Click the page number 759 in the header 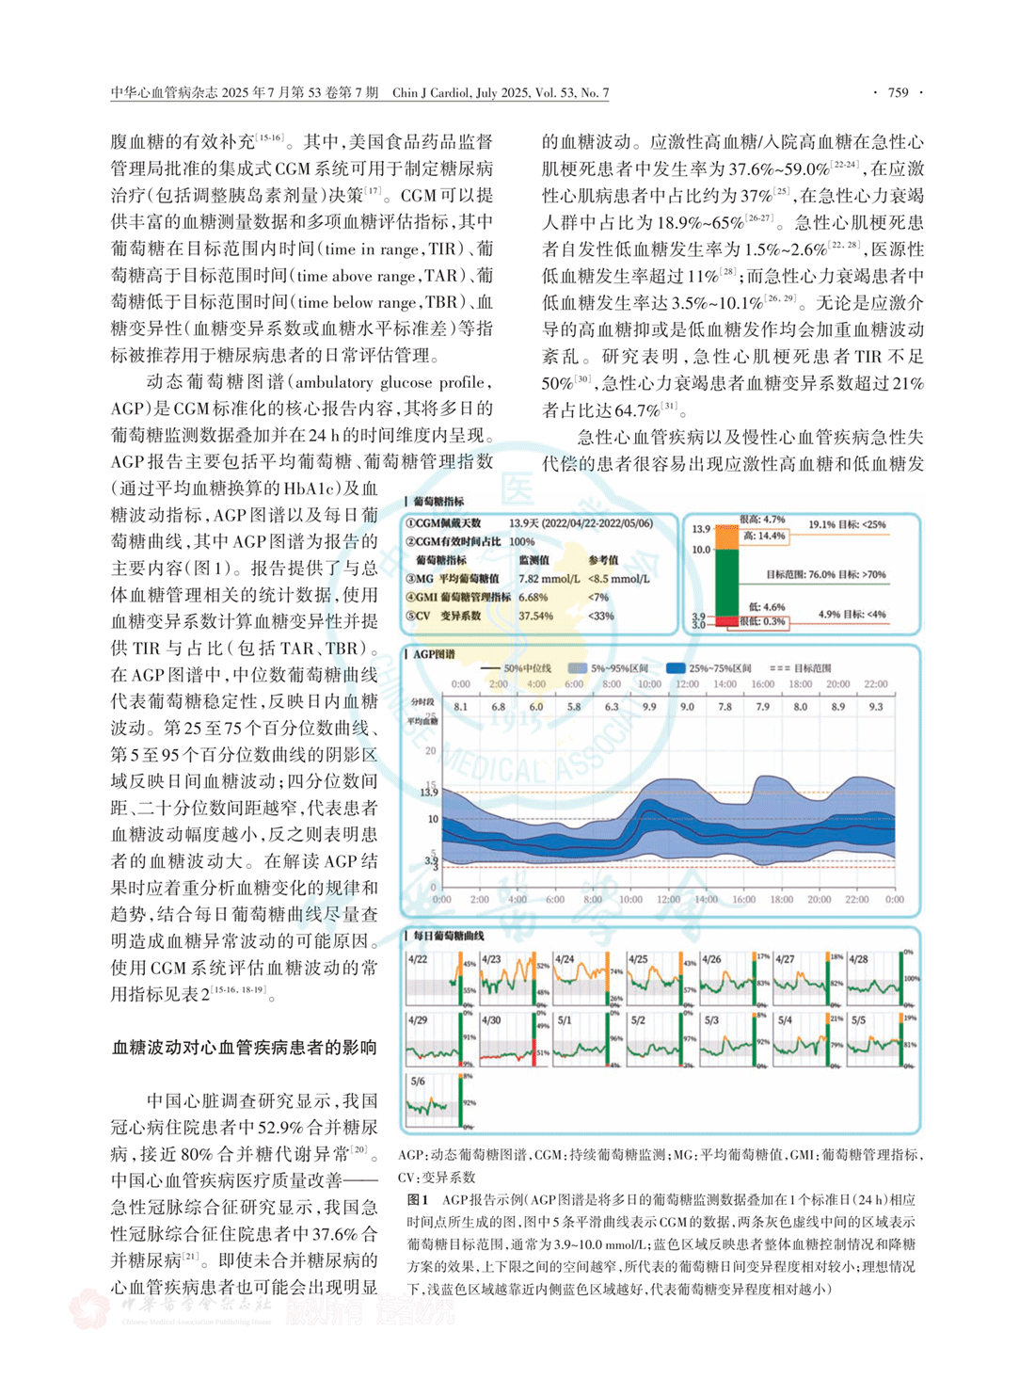pos(898,92)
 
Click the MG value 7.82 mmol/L pos(543,579)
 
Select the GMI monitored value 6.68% pos(533,598)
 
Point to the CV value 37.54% pos(536,617)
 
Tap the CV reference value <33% pos(600,617)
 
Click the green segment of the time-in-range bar pos(727,582)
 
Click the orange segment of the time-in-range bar pos(727,537)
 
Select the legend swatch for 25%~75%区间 pos(675,668)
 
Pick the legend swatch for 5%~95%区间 pos(577,668)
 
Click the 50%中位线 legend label pos(527,668)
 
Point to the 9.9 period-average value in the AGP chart pos(649,707)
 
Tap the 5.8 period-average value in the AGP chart pos(574,707)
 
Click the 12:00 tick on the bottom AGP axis pos(668,900)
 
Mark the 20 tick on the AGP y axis pos(431,751)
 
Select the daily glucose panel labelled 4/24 pos(588,979)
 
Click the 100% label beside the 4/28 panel pos(911,979)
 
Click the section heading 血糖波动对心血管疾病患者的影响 pos(245,1048)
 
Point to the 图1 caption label pos(418,1200)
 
